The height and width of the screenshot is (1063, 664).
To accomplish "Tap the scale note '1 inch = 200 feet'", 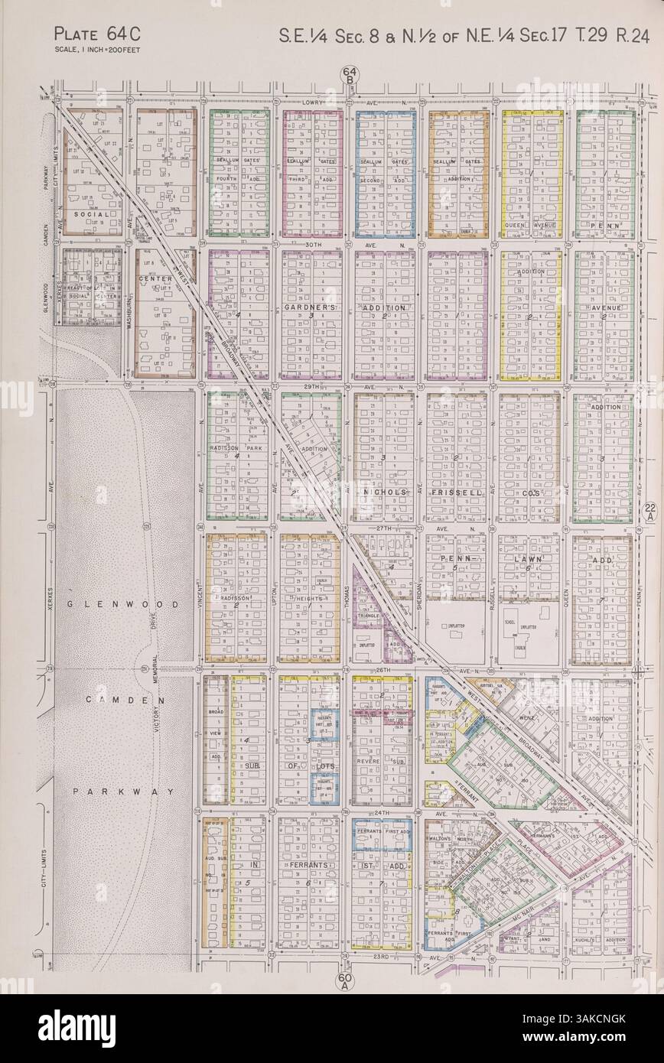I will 97,50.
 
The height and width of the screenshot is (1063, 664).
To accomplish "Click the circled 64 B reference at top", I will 347,76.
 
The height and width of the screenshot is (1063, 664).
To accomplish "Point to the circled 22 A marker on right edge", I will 649,512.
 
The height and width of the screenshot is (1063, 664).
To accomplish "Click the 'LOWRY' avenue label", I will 309,101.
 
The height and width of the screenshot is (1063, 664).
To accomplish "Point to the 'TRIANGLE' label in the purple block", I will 368,615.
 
